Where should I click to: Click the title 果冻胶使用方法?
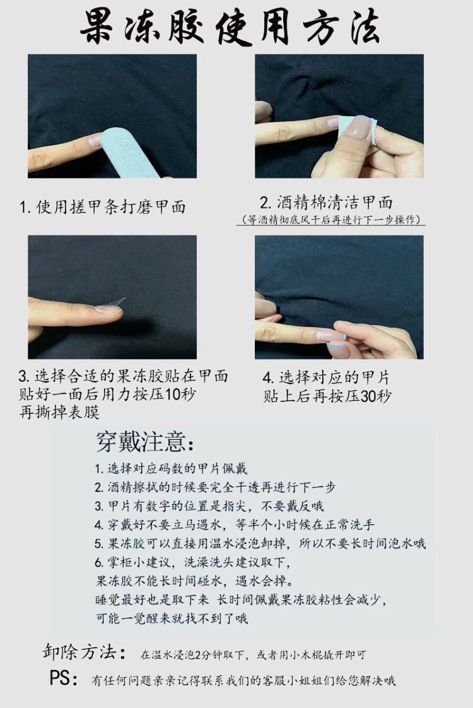coord(230,27)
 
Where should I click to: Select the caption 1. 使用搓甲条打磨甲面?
coord(102,207)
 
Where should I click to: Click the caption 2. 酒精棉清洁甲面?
coord(325,203)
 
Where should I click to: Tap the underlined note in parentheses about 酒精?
coord(331,220)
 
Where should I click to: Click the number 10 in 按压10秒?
coord(172,394)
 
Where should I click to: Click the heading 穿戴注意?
coord(145,442)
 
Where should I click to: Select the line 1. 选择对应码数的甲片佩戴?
coord(171,468)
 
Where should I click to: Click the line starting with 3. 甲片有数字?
coord(209,505)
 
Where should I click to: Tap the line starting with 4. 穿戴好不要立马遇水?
coord(234,524)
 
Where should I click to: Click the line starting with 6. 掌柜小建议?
coord(193,562)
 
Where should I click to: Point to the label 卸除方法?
coord(84,652)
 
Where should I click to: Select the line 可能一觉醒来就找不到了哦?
coord(172,618)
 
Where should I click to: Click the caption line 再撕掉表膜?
coord(59,412)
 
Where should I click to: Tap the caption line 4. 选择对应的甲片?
coord(325,377)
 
